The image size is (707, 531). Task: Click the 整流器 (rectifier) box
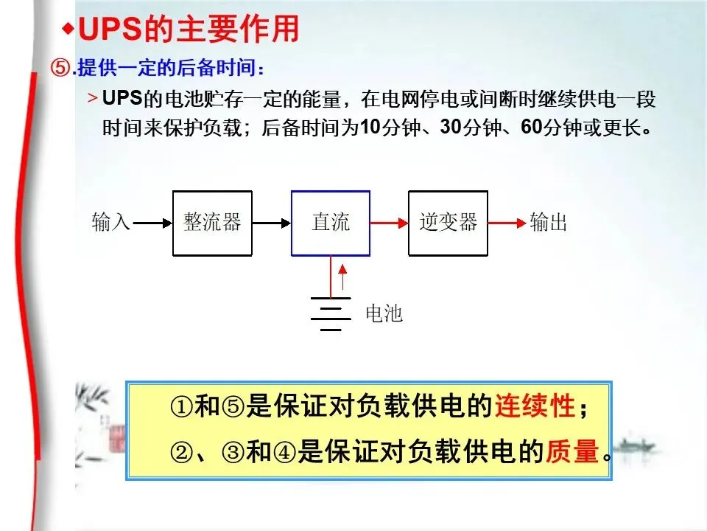click(x=212, y=223)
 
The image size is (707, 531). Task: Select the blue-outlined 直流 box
click(x=331, y=223)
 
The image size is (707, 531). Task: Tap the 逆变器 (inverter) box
click(x=448, y=223)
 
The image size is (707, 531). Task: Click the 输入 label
click(x=110, y=222)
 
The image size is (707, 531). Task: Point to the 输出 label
click(x=549, y=222)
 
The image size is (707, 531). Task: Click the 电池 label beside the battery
click(x=384, y=313)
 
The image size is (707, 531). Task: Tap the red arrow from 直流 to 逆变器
click(x=389, y=222)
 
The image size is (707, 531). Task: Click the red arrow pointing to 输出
click(x=507, y=222)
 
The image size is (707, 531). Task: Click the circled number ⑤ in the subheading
click(x=60, y=68)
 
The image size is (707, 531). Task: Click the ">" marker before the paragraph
click(x=93, y=98)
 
